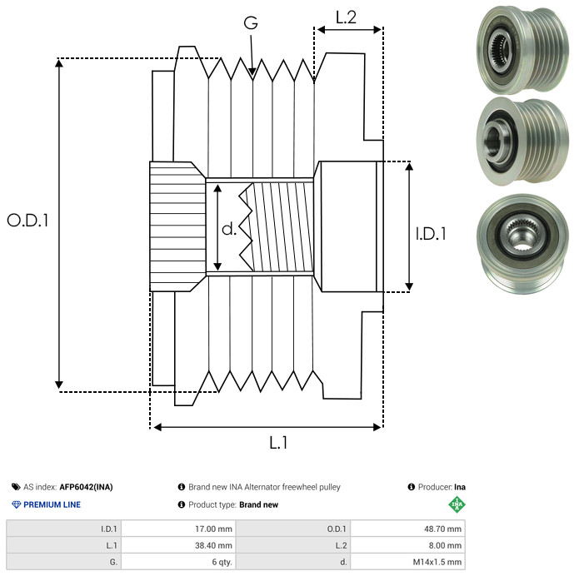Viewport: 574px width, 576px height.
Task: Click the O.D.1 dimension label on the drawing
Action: click(27, 221)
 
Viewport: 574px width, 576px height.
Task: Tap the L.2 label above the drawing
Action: click(346, 17)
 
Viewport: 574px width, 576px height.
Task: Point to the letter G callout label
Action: click(251, 22)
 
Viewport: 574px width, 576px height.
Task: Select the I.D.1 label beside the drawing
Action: click(431, 234)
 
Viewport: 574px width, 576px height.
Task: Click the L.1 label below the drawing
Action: click(278, 442)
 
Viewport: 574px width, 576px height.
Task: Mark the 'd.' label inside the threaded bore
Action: click(229, 229)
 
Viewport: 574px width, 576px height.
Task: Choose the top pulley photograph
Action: click(522, 50)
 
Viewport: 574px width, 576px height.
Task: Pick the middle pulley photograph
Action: click(522, 142)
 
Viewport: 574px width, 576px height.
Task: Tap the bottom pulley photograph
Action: click(522, 244)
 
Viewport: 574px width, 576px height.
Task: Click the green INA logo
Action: click(457, 504)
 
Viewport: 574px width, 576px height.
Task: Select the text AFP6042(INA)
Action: click(86, 487)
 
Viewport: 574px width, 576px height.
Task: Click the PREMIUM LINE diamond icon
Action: click(16, 504)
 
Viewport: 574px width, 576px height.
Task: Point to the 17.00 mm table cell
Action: click(179, 529)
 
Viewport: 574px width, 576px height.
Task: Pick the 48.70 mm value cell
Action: click(407, 529)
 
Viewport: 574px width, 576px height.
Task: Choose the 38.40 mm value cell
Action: click(179, 545)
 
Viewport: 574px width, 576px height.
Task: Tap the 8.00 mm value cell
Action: click(407, 545)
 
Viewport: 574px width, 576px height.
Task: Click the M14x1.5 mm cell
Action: click(407, 562)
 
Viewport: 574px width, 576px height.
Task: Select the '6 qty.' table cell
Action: click(179, 562)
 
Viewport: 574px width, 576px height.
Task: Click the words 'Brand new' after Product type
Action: click(258, 504)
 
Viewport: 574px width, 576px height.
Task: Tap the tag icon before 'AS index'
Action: click(16, 487)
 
